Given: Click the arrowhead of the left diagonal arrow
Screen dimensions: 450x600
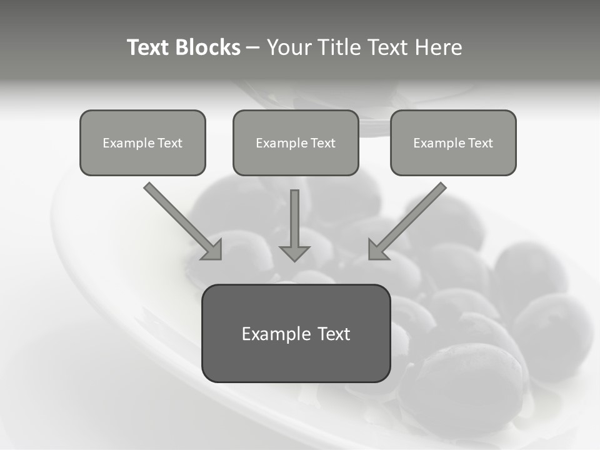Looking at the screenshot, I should pyautogui.click(x=212, y=250).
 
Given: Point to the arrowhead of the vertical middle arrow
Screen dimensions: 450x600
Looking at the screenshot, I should pyautogui.click(x=294, y=253).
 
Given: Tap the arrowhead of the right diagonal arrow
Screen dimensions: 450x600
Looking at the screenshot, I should pyautogui.click(x=377, y=250).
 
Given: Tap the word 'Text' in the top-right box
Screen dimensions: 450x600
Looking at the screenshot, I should pyautogui.click(x=480, y=143).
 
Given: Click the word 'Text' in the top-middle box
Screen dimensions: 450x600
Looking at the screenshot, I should pyautogui.click(x=322, y=143).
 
